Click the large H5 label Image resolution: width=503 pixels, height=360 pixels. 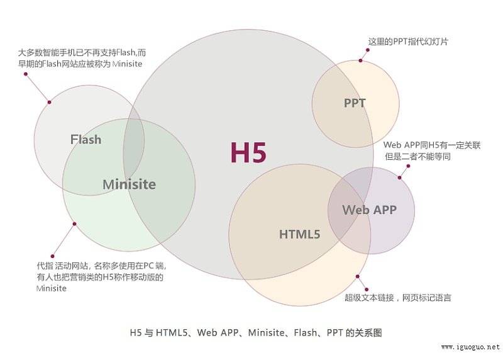248,152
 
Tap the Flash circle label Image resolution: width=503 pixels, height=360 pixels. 86,139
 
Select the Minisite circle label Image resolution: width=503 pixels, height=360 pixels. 130,184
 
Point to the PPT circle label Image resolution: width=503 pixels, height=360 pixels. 355,103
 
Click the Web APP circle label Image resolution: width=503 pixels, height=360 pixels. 370,210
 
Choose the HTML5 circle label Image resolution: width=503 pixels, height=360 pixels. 300,234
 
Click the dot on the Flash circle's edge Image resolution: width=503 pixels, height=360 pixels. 49,102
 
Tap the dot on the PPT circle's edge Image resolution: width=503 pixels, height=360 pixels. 360,60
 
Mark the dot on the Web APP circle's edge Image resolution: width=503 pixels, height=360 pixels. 400,177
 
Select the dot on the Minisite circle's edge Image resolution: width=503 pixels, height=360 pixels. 74,224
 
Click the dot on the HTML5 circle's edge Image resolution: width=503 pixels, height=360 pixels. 357,276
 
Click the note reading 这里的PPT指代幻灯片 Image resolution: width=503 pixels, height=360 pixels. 408,42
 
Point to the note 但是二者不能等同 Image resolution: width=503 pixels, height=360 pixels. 418,156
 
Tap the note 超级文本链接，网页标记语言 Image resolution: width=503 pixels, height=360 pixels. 398,298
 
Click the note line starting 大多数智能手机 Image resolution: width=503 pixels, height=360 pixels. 82,52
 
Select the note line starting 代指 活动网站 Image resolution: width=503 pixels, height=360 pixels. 101,266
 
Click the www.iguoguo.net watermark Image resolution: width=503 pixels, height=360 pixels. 470,347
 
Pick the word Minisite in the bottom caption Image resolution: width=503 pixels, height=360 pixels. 266,332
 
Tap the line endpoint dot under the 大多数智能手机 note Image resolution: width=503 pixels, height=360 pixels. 26,74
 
